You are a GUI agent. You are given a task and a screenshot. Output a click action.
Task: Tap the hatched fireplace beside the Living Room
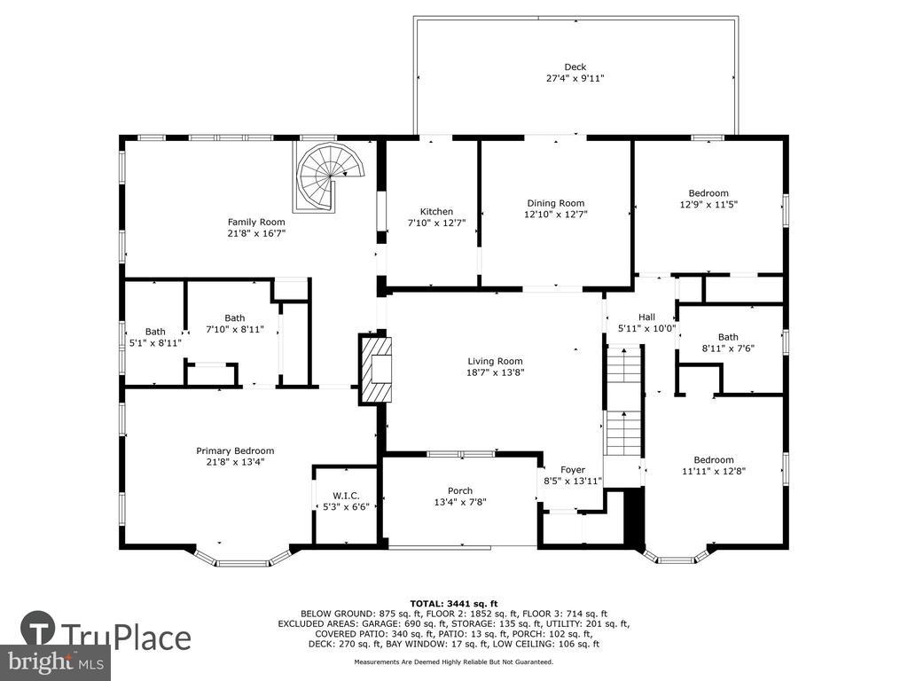click(376, 369)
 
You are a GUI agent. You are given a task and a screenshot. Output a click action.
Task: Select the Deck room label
click(575, 67)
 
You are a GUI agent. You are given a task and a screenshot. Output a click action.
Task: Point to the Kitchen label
click(436, 212)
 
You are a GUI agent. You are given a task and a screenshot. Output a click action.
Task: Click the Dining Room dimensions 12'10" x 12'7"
click(556, 215)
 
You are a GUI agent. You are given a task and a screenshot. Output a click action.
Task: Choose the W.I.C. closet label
click(347, 496)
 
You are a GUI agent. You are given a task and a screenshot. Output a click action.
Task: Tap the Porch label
click(460, 491)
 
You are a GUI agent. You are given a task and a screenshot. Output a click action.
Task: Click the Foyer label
click(573, 470)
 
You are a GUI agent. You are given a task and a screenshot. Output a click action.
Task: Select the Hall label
click(646, 317)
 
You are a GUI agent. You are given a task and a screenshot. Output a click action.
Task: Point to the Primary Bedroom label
click(235, 451)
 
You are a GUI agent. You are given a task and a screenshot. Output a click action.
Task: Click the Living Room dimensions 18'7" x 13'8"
click(496, 372)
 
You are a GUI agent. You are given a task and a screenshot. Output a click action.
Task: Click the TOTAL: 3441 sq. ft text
click(454, 603)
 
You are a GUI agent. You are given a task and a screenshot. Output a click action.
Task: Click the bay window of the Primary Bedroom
click(242, 557)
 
